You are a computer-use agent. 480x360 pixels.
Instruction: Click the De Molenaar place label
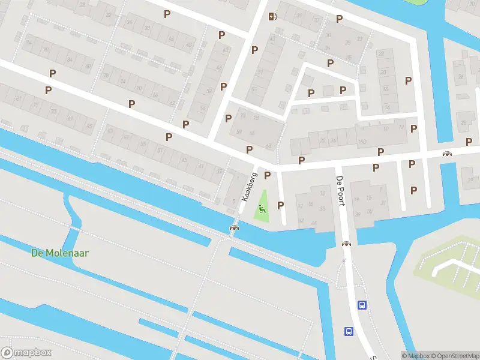click(60, 253)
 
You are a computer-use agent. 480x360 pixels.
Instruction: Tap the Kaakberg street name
click(250, 186)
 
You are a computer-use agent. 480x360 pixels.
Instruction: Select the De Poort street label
click(340, 191)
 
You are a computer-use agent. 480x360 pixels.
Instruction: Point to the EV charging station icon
click(273, 16)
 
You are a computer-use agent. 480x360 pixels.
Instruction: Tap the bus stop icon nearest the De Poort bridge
click(362, 305)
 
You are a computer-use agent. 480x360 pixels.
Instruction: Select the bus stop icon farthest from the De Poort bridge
click(349, 331)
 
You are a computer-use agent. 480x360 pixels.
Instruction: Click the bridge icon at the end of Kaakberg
click(234, 227)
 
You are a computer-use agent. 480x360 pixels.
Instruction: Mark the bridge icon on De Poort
click(346, 244)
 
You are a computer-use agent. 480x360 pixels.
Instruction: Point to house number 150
click(362, 142)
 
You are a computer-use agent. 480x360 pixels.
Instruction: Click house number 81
click(19, 98)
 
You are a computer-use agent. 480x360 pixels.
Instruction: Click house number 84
click(69, 59)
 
